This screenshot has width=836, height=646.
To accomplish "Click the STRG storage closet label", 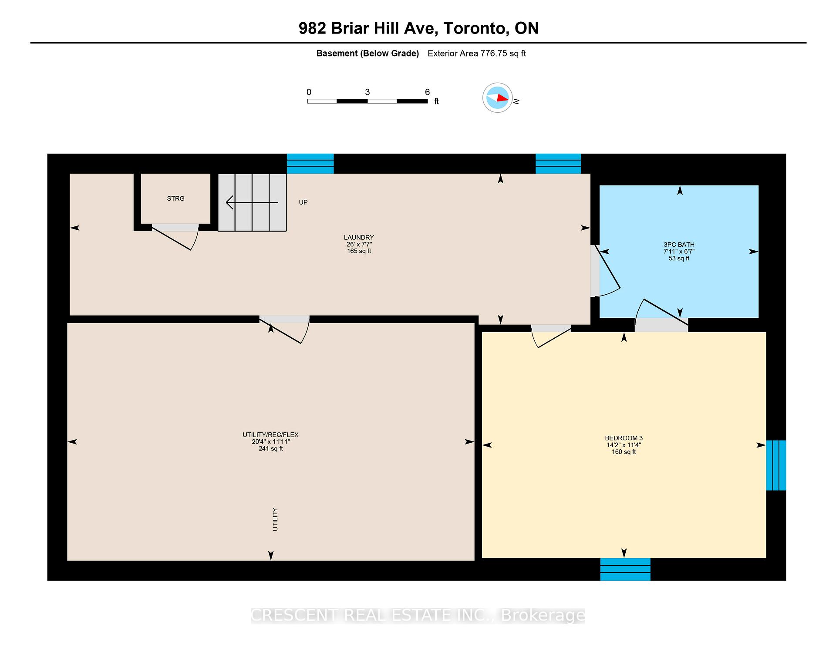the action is click(x=175, y=199).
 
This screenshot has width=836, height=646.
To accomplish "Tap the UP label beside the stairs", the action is click(x=303, y=202).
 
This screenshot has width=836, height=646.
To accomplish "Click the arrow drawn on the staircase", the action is click(x=252, y=202).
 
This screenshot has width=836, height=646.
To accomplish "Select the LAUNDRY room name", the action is click(x=359, y=238).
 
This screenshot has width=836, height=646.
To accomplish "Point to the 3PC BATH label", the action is click(x=679, y=245).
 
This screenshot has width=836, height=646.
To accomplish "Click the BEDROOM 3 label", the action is click(x=624, y=438).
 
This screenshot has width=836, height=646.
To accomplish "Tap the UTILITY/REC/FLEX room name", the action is click(x=270, y=435).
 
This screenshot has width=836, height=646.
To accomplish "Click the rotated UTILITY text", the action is click(x=275, y=519).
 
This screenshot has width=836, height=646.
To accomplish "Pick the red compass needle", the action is click(x=502, y=98).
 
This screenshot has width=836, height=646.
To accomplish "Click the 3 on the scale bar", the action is click(x=367, y=92).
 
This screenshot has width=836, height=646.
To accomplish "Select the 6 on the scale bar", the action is click(x=428, y=92).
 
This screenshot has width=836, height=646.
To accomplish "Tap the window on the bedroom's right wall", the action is click(x=776, y=465).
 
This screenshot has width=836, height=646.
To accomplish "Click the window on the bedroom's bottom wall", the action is click(x=625, y=569).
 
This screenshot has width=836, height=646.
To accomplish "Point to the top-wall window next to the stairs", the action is click(x=310, y=164).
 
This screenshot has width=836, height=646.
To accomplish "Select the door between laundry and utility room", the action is click(x=285, y=330).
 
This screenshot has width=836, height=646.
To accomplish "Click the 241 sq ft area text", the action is click(x=270, y=449).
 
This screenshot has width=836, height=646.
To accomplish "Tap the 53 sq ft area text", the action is click(x=679, y=259).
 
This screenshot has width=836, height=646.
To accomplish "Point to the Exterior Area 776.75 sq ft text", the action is click(x=477, y=54).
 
